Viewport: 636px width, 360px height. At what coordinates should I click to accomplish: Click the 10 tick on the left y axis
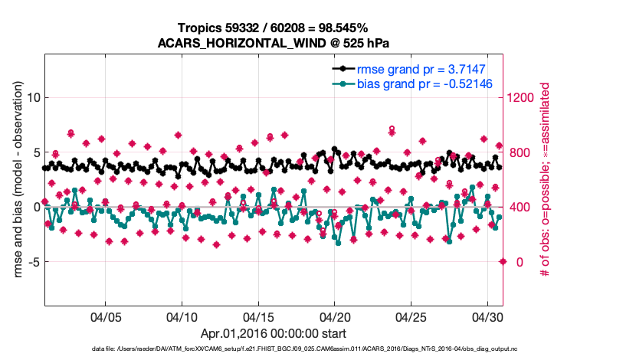33,97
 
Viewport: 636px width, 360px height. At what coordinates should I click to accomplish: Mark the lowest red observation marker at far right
503,261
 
